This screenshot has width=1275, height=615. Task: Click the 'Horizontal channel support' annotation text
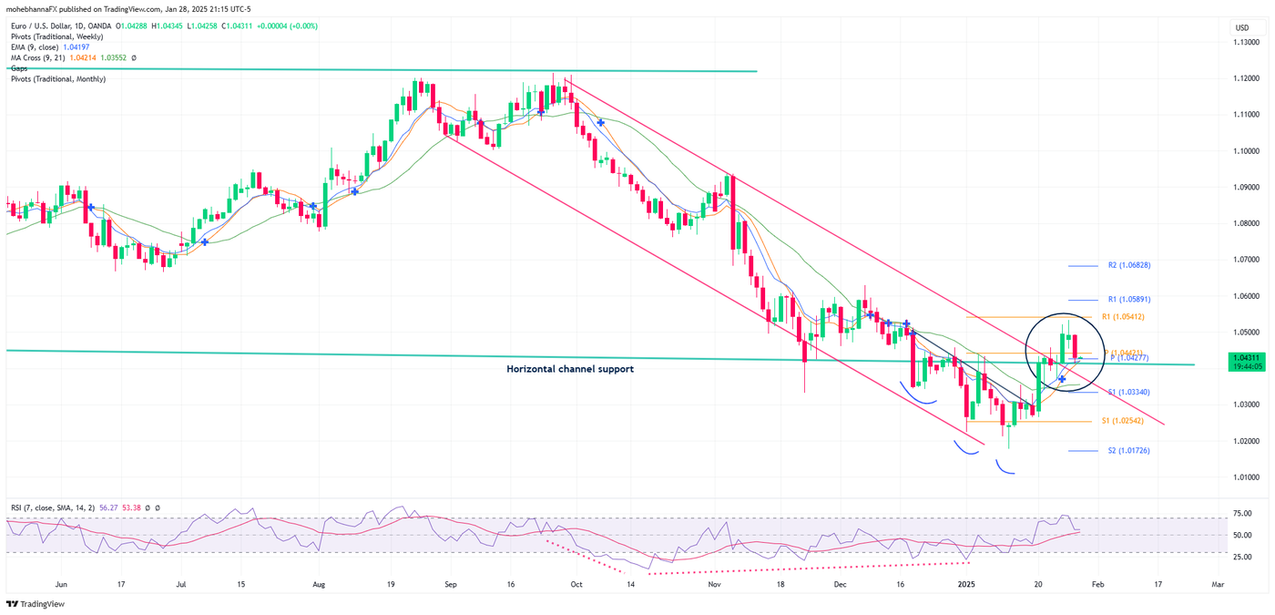click(569, 369)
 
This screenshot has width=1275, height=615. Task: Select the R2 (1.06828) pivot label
click(1128, 266)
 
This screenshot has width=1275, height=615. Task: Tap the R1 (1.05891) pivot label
click(1128, 299)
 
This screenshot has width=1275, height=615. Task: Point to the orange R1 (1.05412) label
click(1123, 317)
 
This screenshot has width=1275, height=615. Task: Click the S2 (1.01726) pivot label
click(1128, 450)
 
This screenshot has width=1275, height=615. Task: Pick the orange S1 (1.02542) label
click(1123, 421)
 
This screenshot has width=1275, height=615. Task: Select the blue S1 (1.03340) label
click(1128, 392)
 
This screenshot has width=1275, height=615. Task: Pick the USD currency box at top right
click(1242, 28)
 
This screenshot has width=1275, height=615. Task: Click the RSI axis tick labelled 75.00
click(1241, 514)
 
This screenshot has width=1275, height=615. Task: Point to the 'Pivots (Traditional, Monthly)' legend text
click(58, 79)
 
